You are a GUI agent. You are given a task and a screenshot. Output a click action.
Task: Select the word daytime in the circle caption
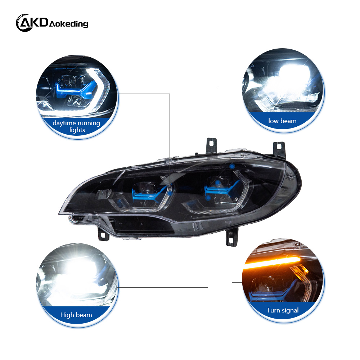[x=63, y=123]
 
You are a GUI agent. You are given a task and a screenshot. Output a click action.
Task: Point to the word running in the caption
[x=88, y=123]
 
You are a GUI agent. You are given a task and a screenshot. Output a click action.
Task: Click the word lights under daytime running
[x=77, y=130]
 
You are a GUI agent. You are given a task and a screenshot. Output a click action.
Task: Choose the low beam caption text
[x=282, y=121]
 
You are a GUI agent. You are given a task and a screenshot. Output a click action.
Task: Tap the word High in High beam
[x=67, y=315]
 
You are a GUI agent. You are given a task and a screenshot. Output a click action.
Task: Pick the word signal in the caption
[x=291, y=310]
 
